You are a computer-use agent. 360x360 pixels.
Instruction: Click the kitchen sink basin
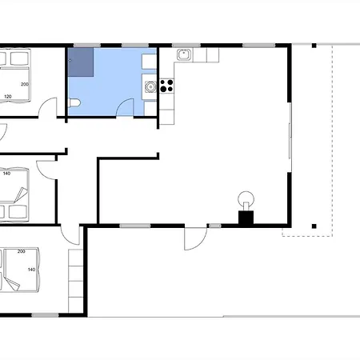tap(184, 54)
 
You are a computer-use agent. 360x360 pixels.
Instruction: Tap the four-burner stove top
tap(166, 86)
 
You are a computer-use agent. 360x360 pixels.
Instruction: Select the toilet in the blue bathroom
tap(74, 102)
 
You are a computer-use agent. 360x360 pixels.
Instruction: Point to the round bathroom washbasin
tap(150, 87)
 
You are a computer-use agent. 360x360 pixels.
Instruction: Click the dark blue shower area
tap(81, 62)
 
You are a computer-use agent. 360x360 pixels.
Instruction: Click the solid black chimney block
tap(246, 218)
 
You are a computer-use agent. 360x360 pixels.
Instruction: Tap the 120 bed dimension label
tap(8, 96)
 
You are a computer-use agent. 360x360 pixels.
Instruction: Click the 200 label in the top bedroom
tap(25, 84)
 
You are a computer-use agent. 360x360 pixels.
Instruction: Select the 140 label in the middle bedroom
tap(6, 174)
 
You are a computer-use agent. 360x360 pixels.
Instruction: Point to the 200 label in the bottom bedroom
tap(22, 251)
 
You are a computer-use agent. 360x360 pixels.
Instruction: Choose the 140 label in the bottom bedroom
tap(31, 270)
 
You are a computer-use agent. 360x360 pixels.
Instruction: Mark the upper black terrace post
tap(314, 46)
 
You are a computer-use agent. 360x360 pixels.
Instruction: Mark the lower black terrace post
tap(314, 226)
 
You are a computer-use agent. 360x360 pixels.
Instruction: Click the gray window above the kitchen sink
tap(186, 46)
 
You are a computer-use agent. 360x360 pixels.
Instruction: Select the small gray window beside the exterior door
tap(214, 226)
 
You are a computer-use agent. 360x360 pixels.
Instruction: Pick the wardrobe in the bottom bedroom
tap(76, 281)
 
